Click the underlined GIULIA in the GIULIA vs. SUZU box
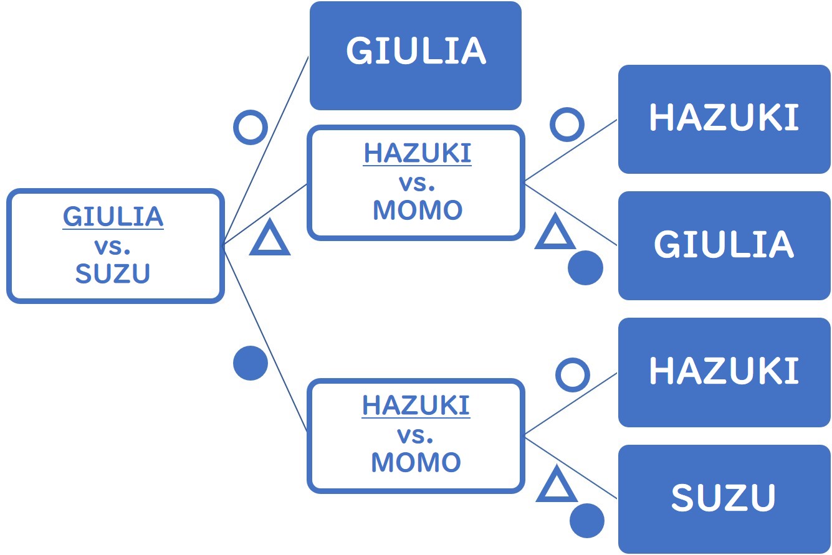click(113, 216)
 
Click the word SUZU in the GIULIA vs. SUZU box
click(113, 273)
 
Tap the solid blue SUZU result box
click(724, 498)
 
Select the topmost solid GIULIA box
click(416, 55)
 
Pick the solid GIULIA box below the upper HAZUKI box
click(724, 245)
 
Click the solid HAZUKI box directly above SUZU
click(724, 372)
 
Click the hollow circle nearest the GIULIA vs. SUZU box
click(251, 127)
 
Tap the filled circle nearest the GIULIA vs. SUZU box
click(251, 363)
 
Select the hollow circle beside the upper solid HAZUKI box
click(567, 125)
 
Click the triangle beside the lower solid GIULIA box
click(554, 232)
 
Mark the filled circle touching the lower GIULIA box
click(585, 268)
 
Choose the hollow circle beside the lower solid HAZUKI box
click(572, 375)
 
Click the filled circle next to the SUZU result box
click(586, 520)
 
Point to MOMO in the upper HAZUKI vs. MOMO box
click(417, 211)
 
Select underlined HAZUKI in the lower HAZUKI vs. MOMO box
click(416, 406)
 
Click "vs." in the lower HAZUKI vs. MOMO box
click(416, 434)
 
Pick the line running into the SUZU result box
click(570, 467)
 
